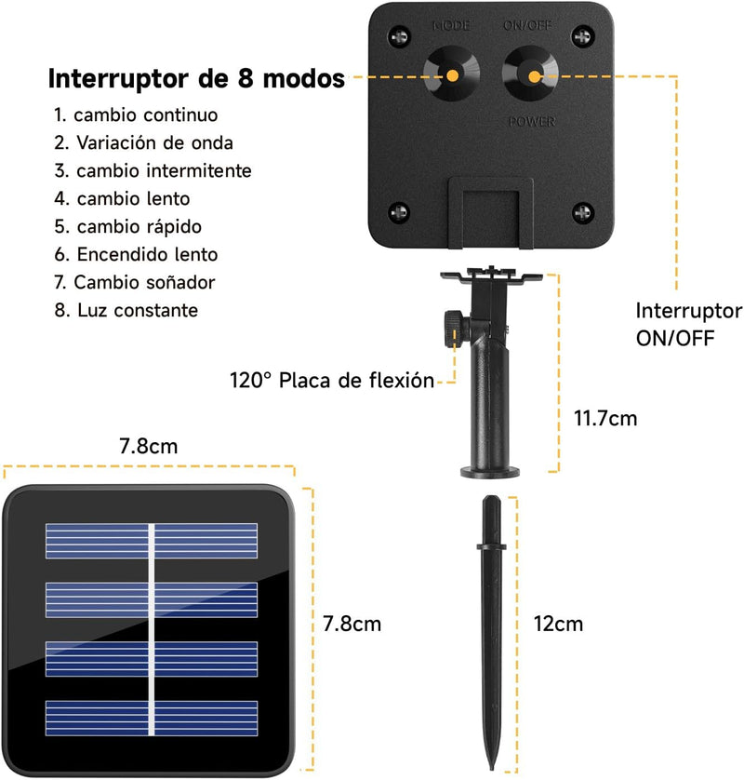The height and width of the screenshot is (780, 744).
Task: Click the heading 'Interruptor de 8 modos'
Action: click(x=196, y=78)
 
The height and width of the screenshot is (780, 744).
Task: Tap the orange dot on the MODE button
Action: click(x=452, y=76)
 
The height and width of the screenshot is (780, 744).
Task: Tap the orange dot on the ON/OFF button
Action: click(x=534, y=76)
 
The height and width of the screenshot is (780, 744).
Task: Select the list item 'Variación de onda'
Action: click(x=143, y=142)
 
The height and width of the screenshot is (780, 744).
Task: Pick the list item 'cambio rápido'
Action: click(x=128, y=226)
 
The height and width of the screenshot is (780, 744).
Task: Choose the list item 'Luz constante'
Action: click(x=126, y=310)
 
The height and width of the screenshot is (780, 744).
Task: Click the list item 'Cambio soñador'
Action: click(x=135, y=283)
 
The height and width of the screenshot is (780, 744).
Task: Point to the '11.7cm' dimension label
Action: click(x=605, y=418)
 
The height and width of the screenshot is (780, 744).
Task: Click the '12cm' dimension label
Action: click(x=558, y=624)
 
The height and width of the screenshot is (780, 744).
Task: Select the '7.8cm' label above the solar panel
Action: click(x=149, y=446)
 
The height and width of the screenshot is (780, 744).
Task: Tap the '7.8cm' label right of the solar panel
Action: click(x=352, y=624)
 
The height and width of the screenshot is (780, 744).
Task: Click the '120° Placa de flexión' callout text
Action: click(x=332, y=381)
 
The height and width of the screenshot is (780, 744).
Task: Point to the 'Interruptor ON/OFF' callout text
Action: click(x=689, y=324)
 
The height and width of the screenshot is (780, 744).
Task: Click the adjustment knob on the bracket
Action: click(x=453, y=329)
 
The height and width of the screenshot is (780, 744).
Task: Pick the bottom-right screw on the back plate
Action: click(x=582, y=213)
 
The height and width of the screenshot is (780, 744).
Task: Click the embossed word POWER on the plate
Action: click(x=532, y=121)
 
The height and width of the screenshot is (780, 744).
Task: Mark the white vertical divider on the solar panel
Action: click(x=152, y=629)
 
